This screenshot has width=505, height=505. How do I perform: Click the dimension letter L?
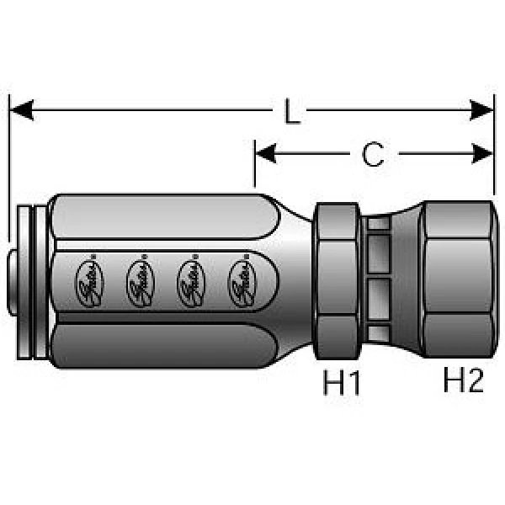[292, 111]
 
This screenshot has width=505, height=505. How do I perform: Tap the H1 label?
[343, 384]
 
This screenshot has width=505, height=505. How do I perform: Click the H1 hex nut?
[338, 282]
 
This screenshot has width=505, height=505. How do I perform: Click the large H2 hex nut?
[454, 282]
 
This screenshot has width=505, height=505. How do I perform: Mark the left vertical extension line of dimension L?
[8, 168]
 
